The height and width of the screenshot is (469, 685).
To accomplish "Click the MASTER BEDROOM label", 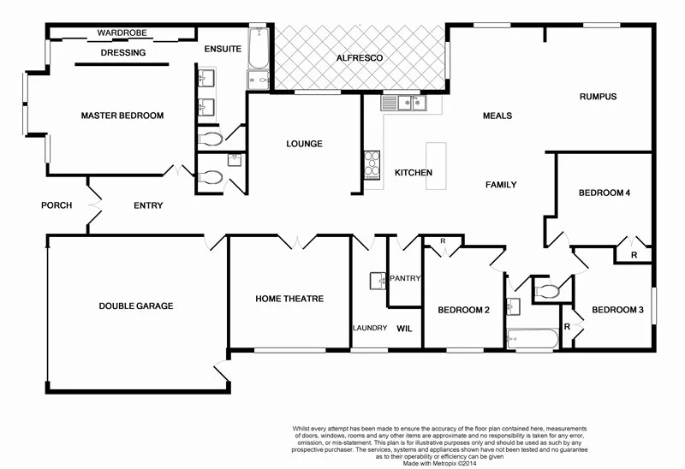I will tap(122, 116).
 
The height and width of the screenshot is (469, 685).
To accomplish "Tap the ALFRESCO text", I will tap(357, 58).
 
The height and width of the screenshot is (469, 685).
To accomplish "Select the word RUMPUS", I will tap(598, 97).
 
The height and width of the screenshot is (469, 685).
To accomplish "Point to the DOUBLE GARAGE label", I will tap(135, 306).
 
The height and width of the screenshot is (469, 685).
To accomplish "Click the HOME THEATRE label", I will tap(289, 299).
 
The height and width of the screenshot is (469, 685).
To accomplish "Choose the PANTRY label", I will tap(403, 278).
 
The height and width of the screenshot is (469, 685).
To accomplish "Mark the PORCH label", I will tap(57, 205).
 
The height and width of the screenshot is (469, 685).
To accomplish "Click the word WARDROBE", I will tap(122, 33).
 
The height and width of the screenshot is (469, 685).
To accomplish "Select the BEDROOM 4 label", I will tap(605, 193).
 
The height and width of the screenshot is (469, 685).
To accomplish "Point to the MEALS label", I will tap(497, 116).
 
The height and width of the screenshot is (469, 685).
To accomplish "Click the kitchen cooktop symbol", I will tap(372, 163).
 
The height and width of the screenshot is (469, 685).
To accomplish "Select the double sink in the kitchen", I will tap(404, 104).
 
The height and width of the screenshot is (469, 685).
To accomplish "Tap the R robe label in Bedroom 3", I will tap(567, 327).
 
